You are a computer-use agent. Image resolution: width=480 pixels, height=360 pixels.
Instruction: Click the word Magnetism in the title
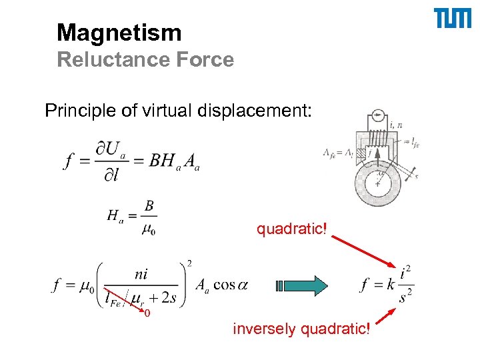119,32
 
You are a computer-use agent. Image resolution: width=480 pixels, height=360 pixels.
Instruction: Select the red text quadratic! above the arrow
292,229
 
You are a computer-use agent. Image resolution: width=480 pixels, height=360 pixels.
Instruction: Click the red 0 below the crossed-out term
147,313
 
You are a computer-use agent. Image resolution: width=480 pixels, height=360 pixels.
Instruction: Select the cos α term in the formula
230,285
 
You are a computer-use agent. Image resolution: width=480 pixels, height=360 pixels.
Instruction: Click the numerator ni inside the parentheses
141,273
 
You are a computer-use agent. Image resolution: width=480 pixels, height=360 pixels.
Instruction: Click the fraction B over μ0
148,217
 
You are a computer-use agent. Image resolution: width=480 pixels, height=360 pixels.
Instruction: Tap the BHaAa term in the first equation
174,161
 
